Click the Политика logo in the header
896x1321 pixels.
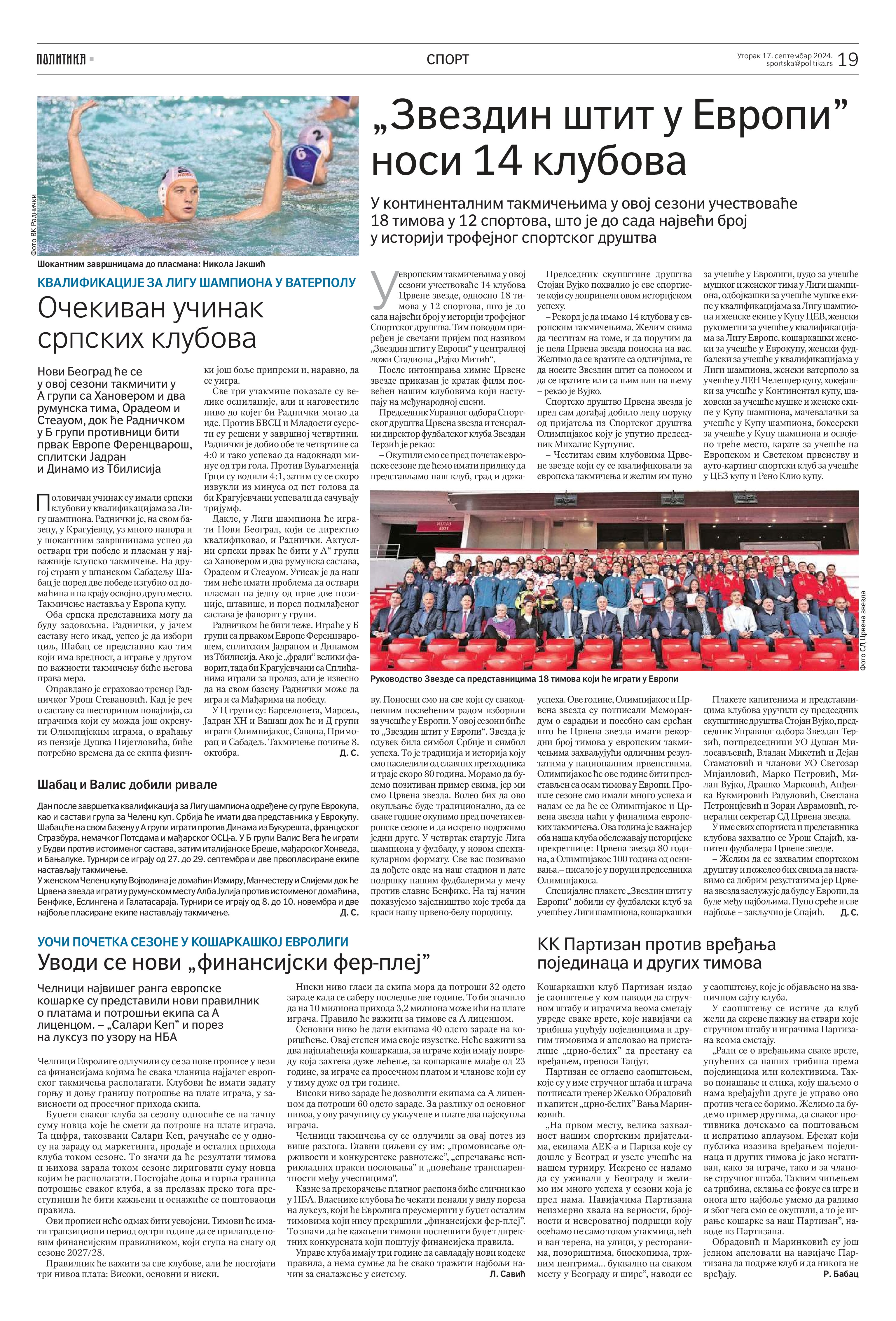click(x=61, y=59)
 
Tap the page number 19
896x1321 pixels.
click(x=848, y=59)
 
